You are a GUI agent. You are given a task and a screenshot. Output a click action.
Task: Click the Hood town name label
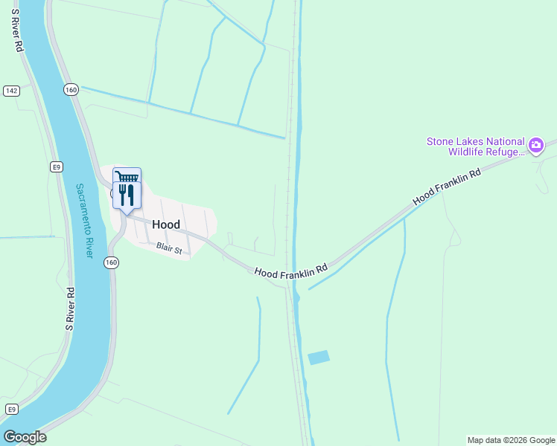tap(165, 224)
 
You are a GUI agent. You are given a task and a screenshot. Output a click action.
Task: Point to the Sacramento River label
tap(84, 221)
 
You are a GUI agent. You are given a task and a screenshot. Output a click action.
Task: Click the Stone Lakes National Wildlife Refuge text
tap(475, 146)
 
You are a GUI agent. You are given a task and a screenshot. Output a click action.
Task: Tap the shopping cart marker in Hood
tap(127, 178)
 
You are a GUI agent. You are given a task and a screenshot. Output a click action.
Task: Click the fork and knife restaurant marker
tap(126, 195)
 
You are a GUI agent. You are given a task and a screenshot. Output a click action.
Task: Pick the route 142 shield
tap(11, 91)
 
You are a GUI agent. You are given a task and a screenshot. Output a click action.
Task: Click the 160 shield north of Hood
tap(71, 89)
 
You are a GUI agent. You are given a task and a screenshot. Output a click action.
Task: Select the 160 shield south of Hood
tap(111, 262)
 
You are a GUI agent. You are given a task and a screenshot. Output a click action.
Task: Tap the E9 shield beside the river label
tap(56, 167)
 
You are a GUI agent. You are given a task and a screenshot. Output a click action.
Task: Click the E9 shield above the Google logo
tap(11, 410)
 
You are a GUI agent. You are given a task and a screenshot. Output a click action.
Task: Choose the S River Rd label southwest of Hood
tap(69, 308)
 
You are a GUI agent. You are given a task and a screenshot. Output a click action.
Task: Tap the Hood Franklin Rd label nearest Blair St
tap(291, 272)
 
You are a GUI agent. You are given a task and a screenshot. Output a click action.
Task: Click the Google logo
tap(25, 437)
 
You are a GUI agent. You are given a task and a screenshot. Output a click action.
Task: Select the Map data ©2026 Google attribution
tap(511, 440)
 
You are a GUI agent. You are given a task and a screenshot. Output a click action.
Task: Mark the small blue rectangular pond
tap(318, 358)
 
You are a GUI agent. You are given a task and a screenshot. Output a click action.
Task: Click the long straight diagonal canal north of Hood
tap(182, 112)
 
